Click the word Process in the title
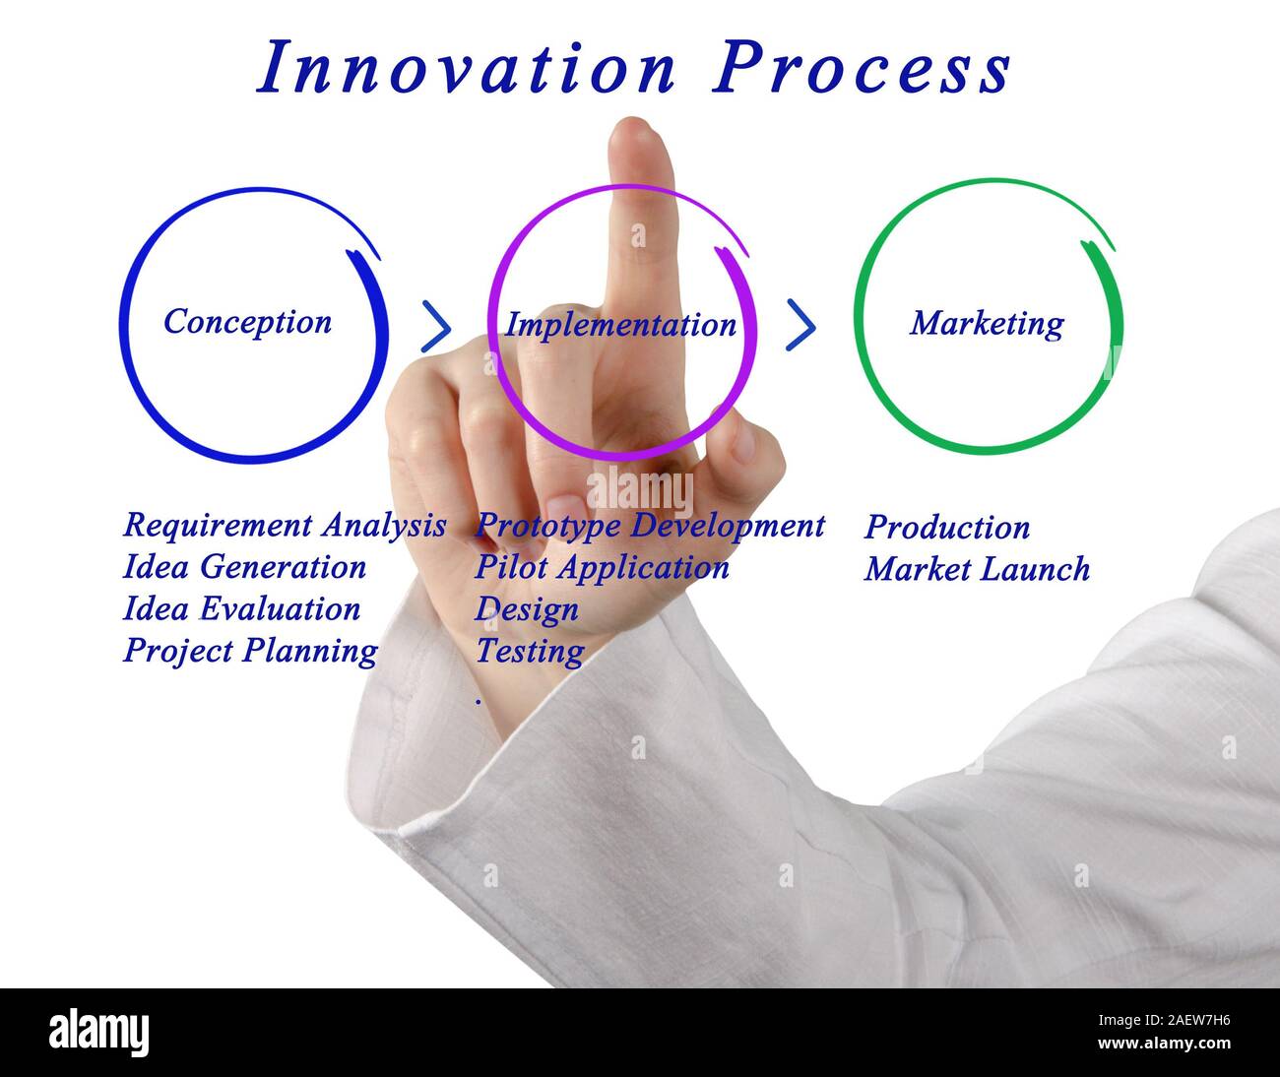(863, 69)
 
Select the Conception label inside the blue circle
(247, 322)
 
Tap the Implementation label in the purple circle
(620, 325)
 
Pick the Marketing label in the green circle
(987, 323)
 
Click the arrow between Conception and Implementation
(435, 327)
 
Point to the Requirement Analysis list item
(284, 525)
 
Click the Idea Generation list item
(244, 567)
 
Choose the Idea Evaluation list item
(241, 609)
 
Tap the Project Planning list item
(250, 652)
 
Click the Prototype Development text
(650, 526)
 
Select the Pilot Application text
(602, 568)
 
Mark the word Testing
(530, 652)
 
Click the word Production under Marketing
(947, 528)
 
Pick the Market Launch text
(977, 570)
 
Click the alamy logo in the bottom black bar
(99, 1033)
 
